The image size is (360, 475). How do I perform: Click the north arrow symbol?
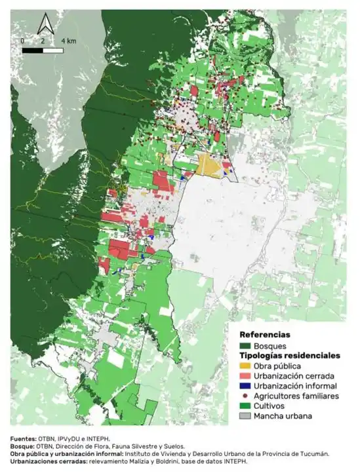(x=45, y=24)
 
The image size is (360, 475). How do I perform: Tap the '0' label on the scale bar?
(x=23, y=41)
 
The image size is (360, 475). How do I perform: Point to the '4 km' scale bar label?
(x=68, y=41)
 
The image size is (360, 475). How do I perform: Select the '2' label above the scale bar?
(x=43, y=41)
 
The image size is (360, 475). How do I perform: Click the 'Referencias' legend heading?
(x=264, y=334)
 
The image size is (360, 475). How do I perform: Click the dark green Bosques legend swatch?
(x=245, y=345)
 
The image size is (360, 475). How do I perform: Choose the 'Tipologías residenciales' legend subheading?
(x=289, y=356)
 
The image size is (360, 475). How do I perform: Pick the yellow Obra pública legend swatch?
(x=245, y=366)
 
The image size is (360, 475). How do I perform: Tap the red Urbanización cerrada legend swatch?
(x=245, y=375)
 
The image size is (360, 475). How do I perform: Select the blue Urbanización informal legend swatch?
(x=245, y=386)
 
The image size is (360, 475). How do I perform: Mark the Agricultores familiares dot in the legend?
(x=245, y=396)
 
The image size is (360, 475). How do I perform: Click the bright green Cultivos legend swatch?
(x=245, y=406)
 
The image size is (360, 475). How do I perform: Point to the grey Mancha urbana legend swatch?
(x=245, y=416)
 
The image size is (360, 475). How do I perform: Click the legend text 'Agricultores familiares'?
(x=296, y=396)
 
